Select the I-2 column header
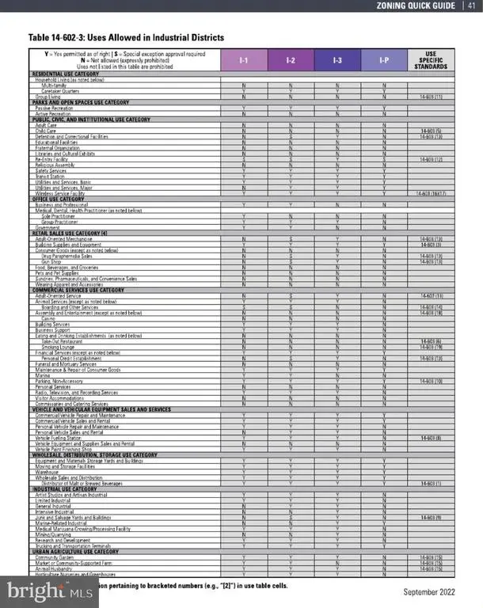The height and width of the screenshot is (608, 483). click(291, 59)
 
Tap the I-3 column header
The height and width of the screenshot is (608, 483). click(338, 59)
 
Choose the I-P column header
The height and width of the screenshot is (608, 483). click(385, 59)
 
